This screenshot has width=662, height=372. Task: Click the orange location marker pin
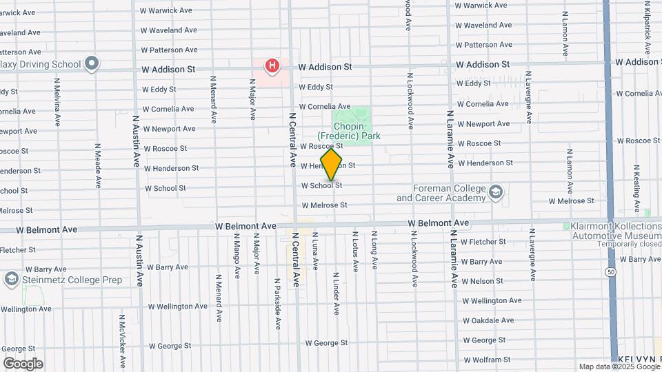332,165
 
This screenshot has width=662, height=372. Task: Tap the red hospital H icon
273,65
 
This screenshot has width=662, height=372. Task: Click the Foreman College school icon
496,192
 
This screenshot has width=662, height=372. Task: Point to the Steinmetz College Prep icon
11,280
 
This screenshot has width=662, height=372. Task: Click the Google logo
23,364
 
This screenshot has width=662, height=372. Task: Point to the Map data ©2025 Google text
619,366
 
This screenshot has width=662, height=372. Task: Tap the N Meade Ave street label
98,166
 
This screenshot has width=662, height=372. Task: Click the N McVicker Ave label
122,341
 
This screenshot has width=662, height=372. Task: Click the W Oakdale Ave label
488,320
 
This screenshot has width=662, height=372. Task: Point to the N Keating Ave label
636,188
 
